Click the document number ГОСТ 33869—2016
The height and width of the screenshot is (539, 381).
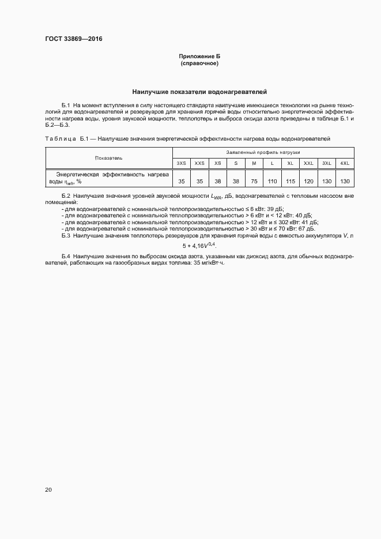(x=74, y=39)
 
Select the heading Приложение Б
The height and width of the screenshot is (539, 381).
(x=199, y=56)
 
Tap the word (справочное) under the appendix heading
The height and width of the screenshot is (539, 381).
(x=199, y=63)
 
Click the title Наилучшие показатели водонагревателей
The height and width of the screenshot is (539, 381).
(x=199, y=92)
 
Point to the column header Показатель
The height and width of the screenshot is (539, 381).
(x=109, y=157)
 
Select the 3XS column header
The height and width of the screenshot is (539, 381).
(x=182, y=163)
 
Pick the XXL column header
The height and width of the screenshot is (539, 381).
(x=308, y=163)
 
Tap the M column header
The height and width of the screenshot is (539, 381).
(x=254, y=163)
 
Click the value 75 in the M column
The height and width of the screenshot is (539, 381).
(x=254, y=181)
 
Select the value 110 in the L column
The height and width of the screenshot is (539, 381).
(x=272, y=181)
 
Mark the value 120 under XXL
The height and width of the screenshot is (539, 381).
(x=308, y=181)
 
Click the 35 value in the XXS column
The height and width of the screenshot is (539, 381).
(x=199, y=181)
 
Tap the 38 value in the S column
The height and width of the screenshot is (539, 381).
(x=236, y=181)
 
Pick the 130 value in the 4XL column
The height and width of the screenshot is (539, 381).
(x=345, y=181)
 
